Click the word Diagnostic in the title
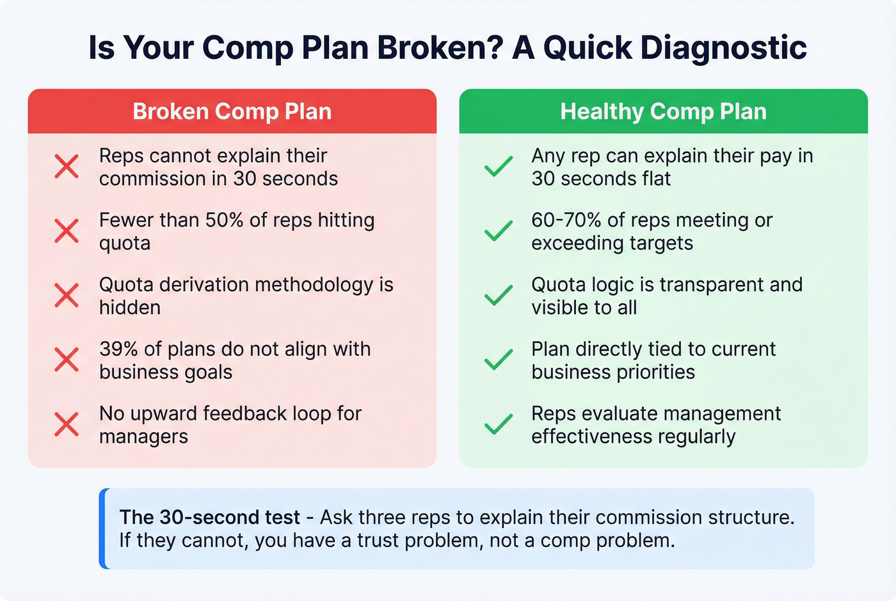723,47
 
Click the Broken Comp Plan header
232,111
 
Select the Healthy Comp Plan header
663,111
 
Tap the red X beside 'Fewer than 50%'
67,231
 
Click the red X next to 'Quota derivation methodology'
67,296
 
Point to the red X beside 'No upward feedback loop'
67,424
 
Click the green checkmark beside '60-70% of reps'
499,231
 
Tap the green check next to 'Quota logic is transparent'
499,296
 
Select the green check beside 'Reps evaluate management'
499,424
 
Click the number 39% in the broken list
118,349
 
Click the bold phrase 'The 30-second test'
209,517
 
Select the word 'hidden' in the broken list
130,308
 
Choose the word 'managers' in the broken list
143,437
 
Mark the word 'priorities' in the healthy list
655,373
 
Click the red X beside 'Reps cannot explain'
67,166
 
